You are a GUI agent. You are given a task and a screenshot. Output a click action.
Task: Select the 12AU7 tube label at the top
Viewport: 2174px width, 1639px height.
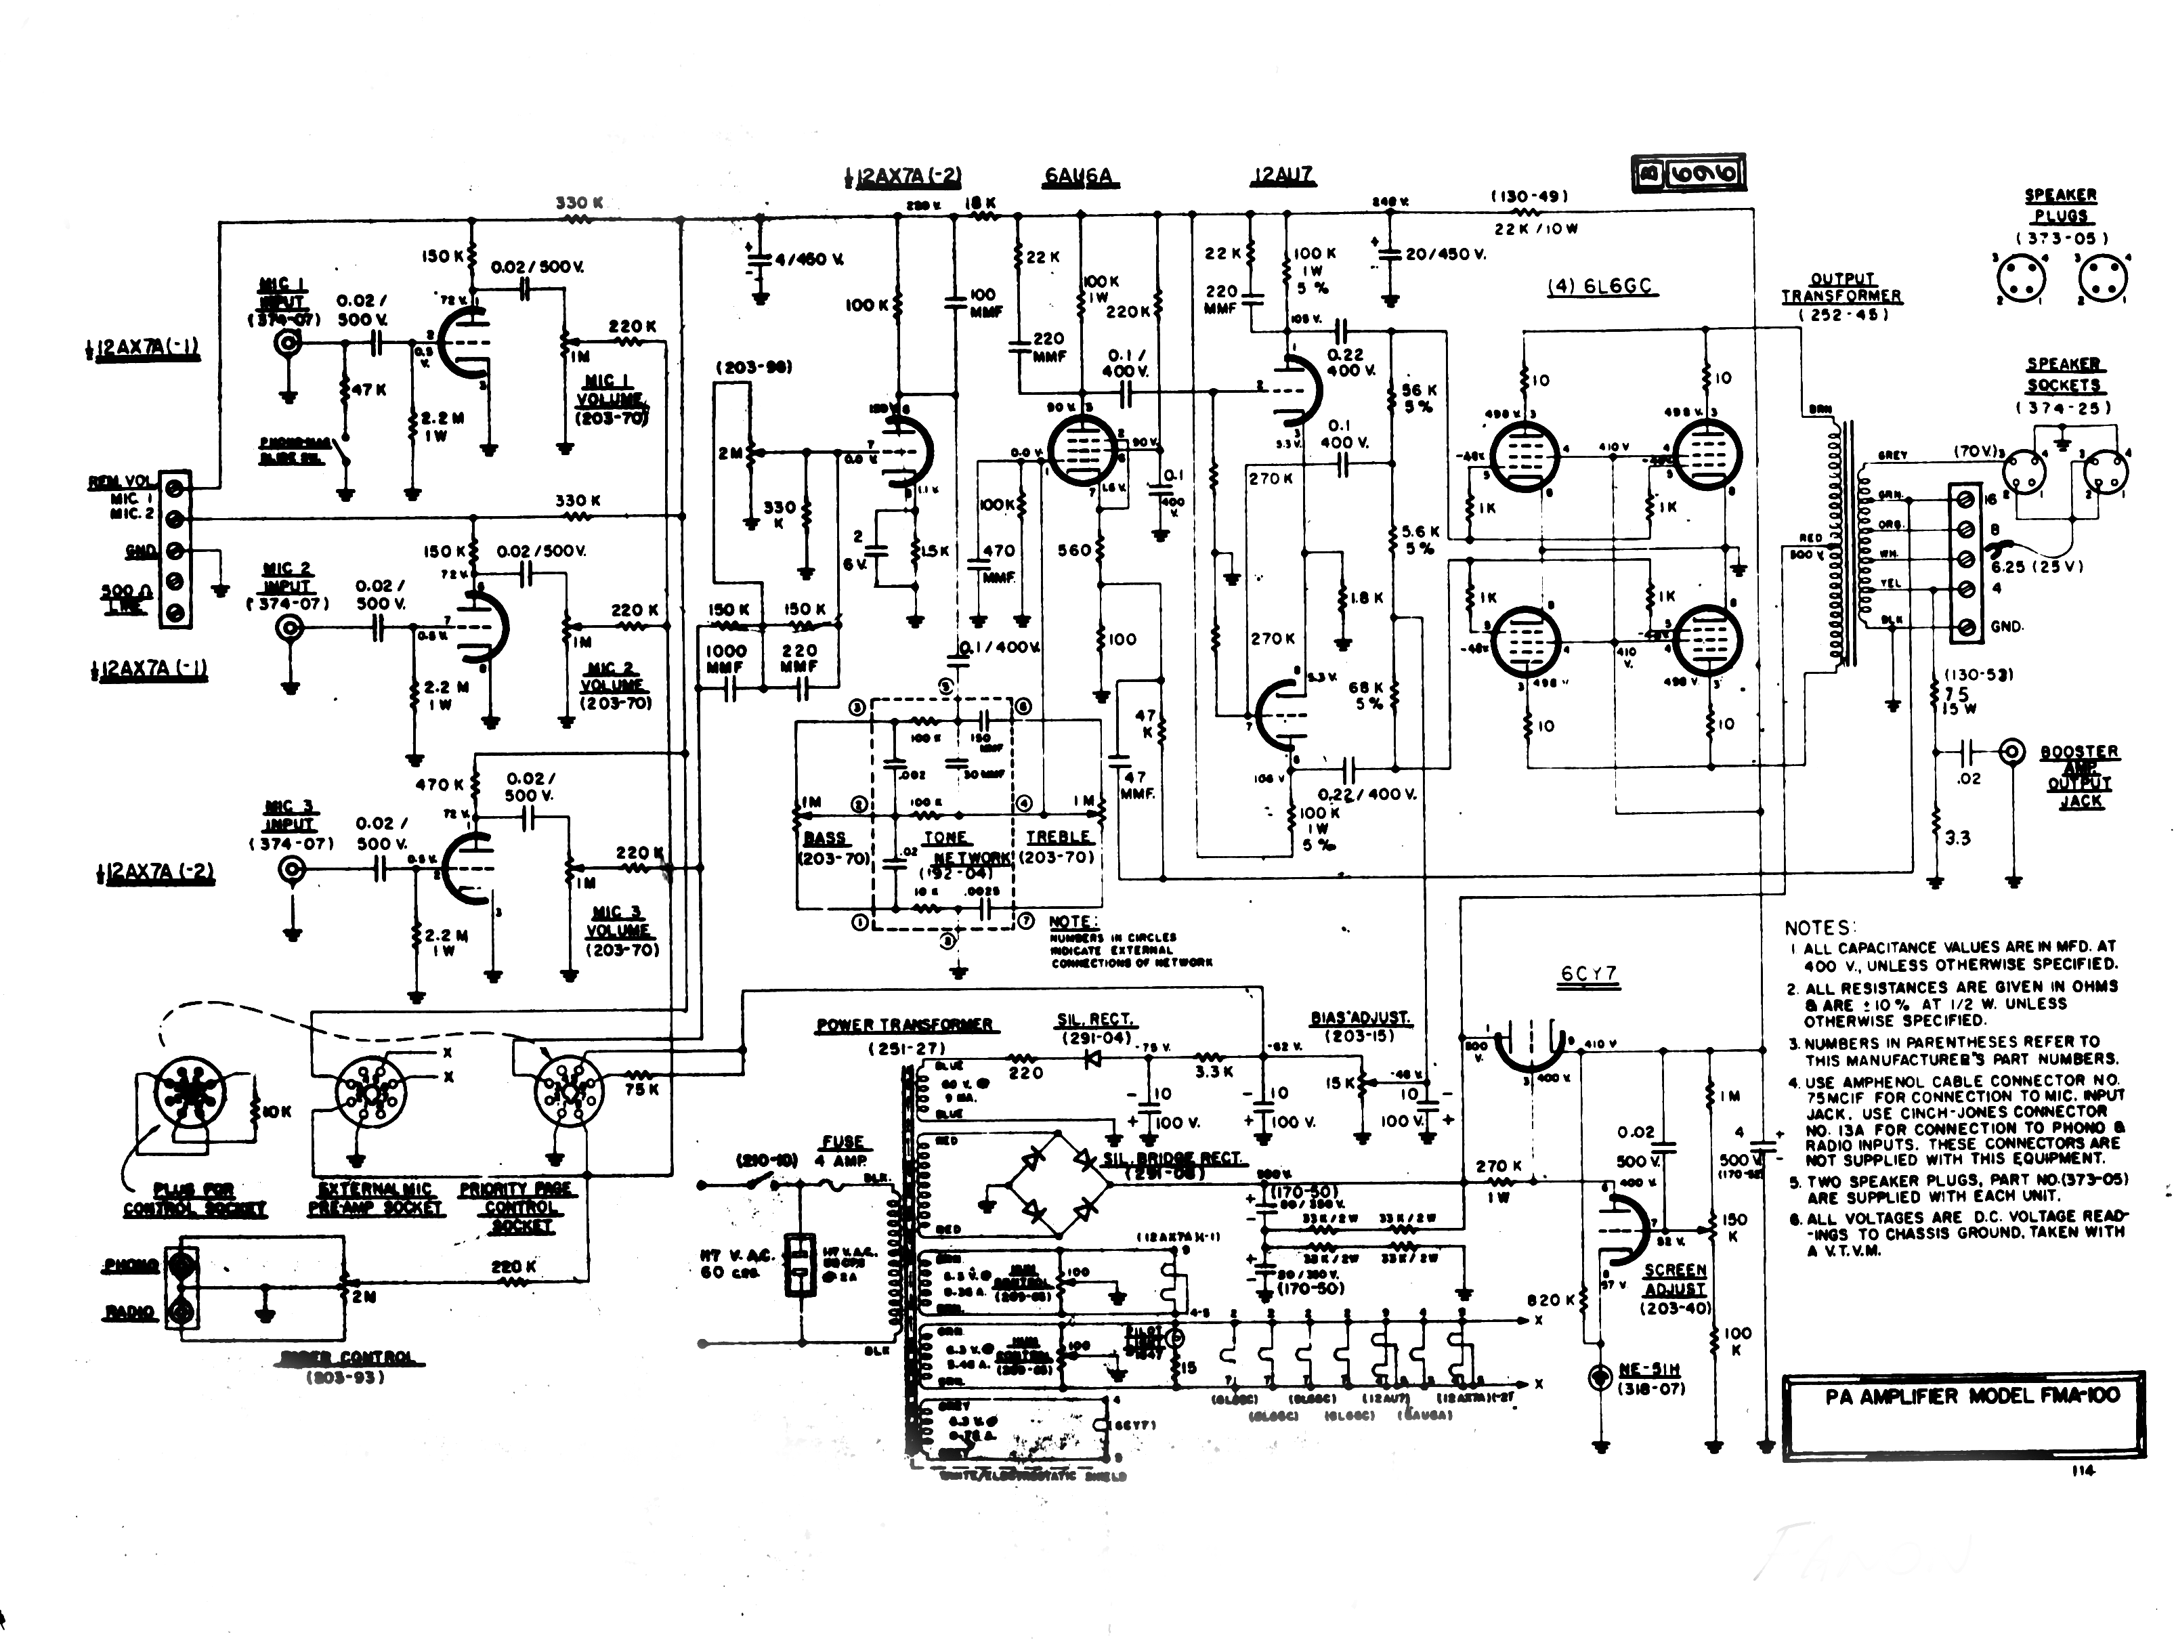pyautogui.click(x=1283, y=177)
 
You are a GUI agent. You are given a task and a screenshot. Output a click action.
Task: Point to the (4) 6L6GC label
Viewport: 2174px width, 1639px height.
pyautogui.click(x=1600, y=288)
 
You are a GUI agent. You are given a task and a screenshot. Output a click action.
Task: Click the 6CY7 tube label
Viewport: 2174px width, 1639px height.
pyautogui.click(x=1588, y=975)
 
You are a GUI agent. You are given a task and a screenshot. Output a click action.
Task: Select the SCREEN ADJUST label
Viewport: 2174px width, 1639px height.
pyautogui.click(x=1676, y=1279)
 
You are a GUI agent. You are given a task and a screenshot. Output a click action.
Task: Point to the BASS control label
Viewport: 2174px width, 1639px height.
pyautogui.click(x=825, y=838)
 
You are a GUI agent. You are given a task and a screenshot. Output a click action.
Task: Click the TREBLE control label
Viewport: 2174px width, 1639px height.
pyautogui.click(x=1059, y=837)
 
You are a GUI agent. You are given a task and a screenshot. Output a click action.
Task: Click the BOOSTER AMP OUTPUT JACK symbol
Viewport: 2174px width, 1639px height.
pyautogui.click(x=2012, y=752)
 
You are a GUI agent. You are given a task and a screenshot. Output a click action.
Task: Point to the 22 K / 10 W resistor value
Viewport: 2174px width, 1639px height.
pyautogui.click(x=1536, y=229)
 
